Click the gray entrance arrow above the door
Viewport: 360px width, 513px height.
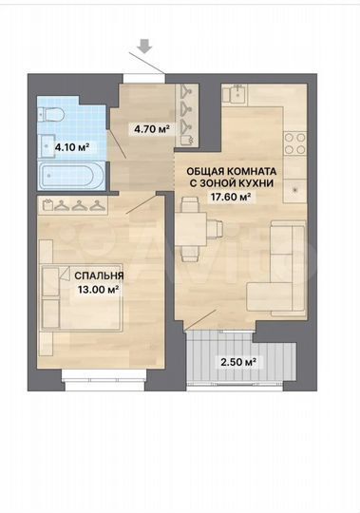coord(144,46)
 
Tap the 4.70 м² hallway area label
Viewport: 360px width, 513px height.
coord(152,129)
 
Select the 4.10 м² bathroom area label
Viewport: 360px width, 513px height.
coord(72,147)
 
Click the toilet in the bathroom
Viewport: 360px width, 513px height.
coord(51,115)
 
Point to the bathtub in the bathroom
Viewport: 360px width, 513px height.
coord(71,176)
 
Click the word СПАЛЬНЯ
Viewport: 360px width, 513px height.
coord(99,275)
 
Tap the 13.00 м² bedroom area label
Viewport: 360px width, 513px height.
coord(98,289)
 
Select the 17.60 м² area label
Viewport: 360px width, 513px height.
coord(230,197)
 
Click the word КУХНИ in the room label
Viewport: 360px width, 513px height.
coord(257,183)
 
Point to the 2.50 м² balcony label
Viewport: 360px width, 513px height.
coord(237,362)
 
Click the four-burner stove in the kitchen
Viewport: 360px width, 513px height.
coord(295,143)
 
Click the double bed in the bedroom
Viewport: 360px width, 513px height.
coord(82,297)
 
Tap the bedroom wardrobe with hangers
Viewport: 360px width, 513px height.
coord(72,205)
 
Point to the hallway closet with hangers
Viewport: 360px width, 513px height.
coord(187,115)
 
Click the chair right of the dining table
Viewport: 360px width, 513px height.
coord(215,228)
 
